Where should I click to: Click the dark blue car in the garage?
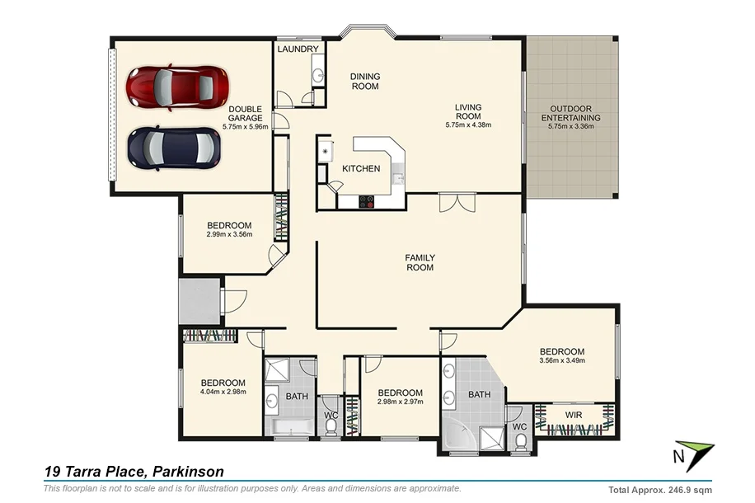(174, 148)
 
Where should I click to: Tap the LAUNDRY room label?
(298, 49)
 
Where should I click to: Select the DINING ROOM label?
(365, 81)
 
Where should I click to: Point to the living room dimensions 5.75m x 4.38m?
(468, 125)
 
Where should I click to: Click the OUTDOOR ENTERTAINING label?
(570, 113)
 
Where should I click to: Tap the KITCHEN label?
(361, 169)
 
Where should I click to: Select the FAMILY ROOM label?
(420, 262)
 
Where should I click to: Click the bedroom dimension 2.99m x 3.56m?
(228, 235)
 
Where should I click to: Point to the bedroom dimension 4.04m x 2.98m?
(223, 392)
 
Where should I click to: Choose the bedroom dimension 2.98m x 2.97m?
(400, 402)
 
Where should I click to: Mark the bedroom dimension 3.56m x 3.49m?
(562, 360)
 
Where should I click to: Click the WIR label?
(574, 415)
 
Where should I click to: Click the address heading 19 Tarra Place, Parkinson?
(134, 472)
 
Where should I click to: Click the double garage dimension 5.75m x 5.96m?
(246, 127)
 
